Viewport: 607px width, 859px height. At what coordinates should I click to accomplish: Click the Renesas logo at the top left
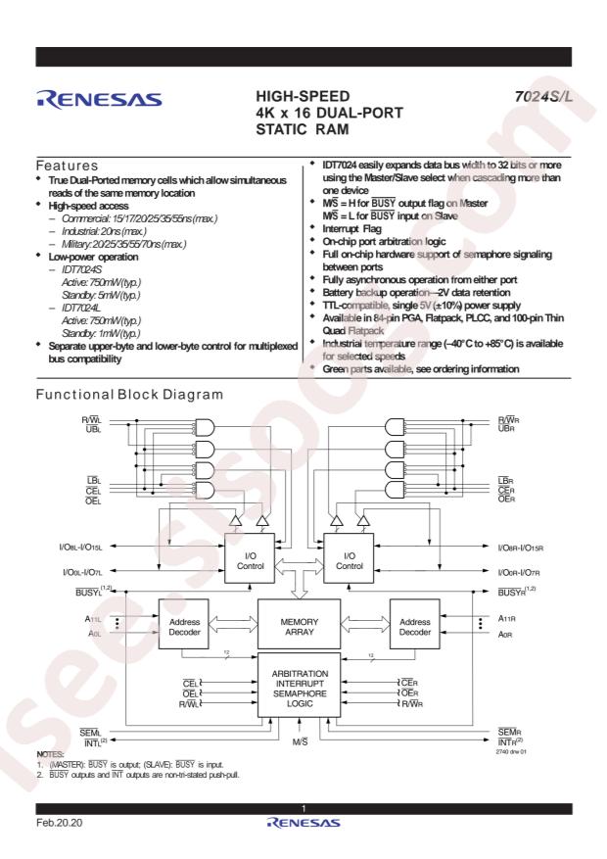99,99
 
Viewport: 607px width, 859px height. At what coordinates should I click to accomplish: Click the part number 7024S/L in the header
543,96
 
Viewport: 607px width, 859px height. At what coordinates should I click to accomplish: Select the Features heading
67,166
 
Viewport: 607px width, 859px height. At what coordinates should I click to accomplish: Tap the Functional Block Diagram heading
129,395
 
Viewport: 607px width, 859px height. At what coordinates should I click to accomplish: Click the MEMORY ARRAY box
299,624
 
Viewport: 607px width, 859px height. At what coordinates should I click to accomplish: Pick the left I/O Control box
250,558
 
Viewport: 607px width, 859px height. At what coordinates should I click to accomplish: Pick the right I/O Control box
349,558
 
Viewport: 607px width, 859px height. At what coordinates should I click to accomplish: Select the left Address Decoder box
183,624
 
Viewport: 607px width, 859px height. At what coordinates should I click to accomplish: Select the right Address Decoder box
414,624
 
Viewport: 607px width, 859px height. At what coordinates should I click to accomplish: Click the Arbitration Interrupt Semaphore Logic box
299,686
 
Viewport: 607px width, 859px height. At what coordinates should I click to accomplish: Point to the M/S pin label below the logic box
300,741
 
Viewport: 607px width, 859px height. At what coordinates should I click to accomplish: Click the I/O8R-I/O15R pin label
520,548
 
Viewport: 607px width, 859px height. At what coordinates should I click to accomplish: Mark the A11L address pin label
93,619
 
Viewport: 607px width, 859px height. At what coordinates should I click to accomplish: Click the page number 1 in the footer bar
303,809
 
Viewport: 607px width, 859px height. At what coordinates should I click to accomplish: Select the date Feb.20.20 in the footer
59,823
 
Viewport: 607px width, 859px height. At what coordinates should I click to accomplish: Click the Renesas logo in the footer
303,823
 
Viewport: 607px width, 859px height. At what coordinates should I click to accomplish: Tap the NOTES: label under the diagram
50,754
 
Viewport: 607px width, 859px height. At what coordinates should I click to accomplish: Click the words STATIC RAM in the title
303,130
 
